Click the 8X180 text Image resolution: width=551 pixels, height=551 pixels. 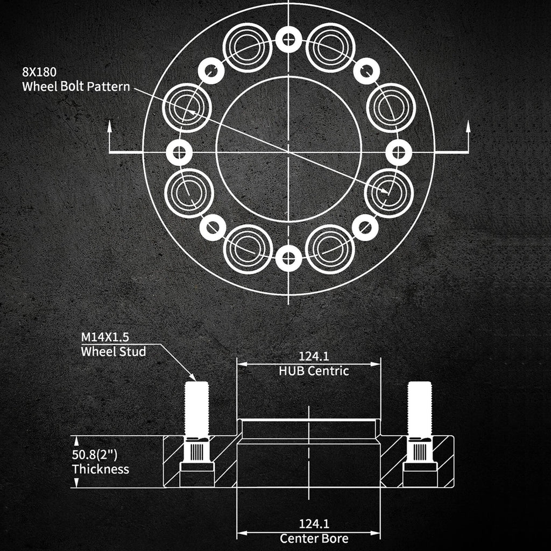(39, 72)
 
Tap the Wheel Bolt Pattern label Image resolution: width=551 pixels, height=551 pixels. (76, 87)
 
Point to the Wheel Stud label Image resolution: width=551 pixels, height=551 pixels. (113, 351)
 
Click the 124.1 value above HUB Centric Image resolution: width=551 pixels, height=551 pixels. (314, 356)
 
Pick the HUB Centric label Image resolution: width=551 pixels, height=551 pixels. (314, 371)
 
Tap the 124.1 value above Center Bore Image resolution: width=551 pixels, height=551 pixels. (314, 524)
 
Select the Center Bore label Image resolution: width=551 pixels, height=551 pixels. (314, 538)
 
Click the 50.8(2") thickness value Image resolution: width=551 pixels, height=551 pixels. (94, 454)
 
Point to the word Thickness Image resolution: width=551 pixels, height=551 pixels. (101, 469)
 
